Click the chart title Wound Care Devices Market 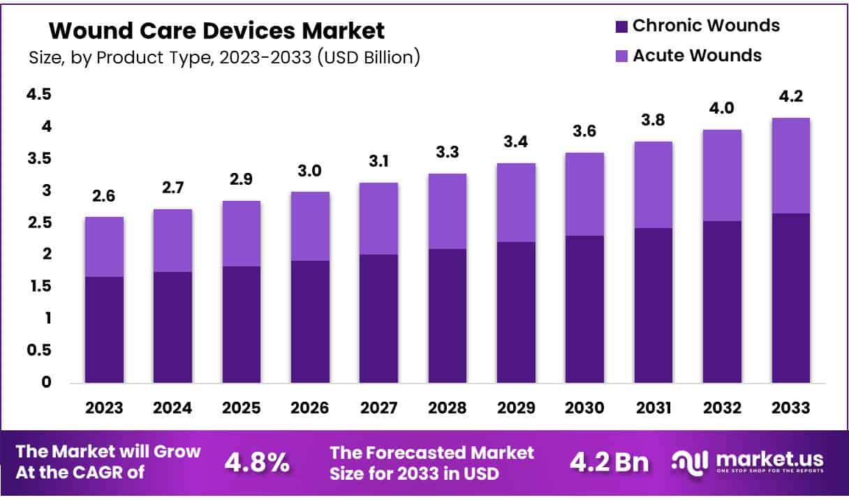pos(216,31)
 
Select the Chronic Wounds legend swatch pos(621,27)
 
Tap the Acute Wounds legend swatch pos(621,56)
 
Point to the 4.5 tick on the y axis pos(38,94)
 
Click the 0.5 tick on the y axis pos(38,350)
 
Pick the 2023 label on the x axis pos(104,408)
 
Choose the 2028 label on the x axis pos(448,408)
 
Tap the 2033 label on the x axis pos(791,408)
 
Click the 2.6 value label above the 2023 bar pos(104,196)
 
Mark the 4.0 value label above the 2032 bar pos(722,109)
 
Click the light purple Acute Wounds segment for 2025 pos(242,234)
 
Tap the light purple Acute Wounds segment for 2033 pos(791,166)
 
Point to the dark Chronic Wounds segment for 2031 pos(654,305)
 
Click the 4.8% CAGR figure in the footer pos(257,462)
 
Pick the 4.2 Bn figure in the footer pos(609,462)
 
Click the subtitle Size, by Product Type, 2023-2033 pos(224,58)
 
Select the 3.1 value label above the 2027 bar pos(379,162)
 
